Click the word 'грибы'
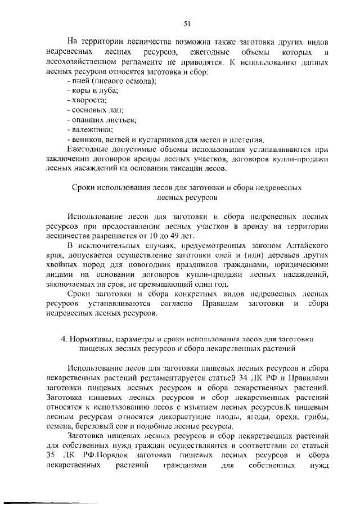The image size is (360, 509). click(x=317, y=416)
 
